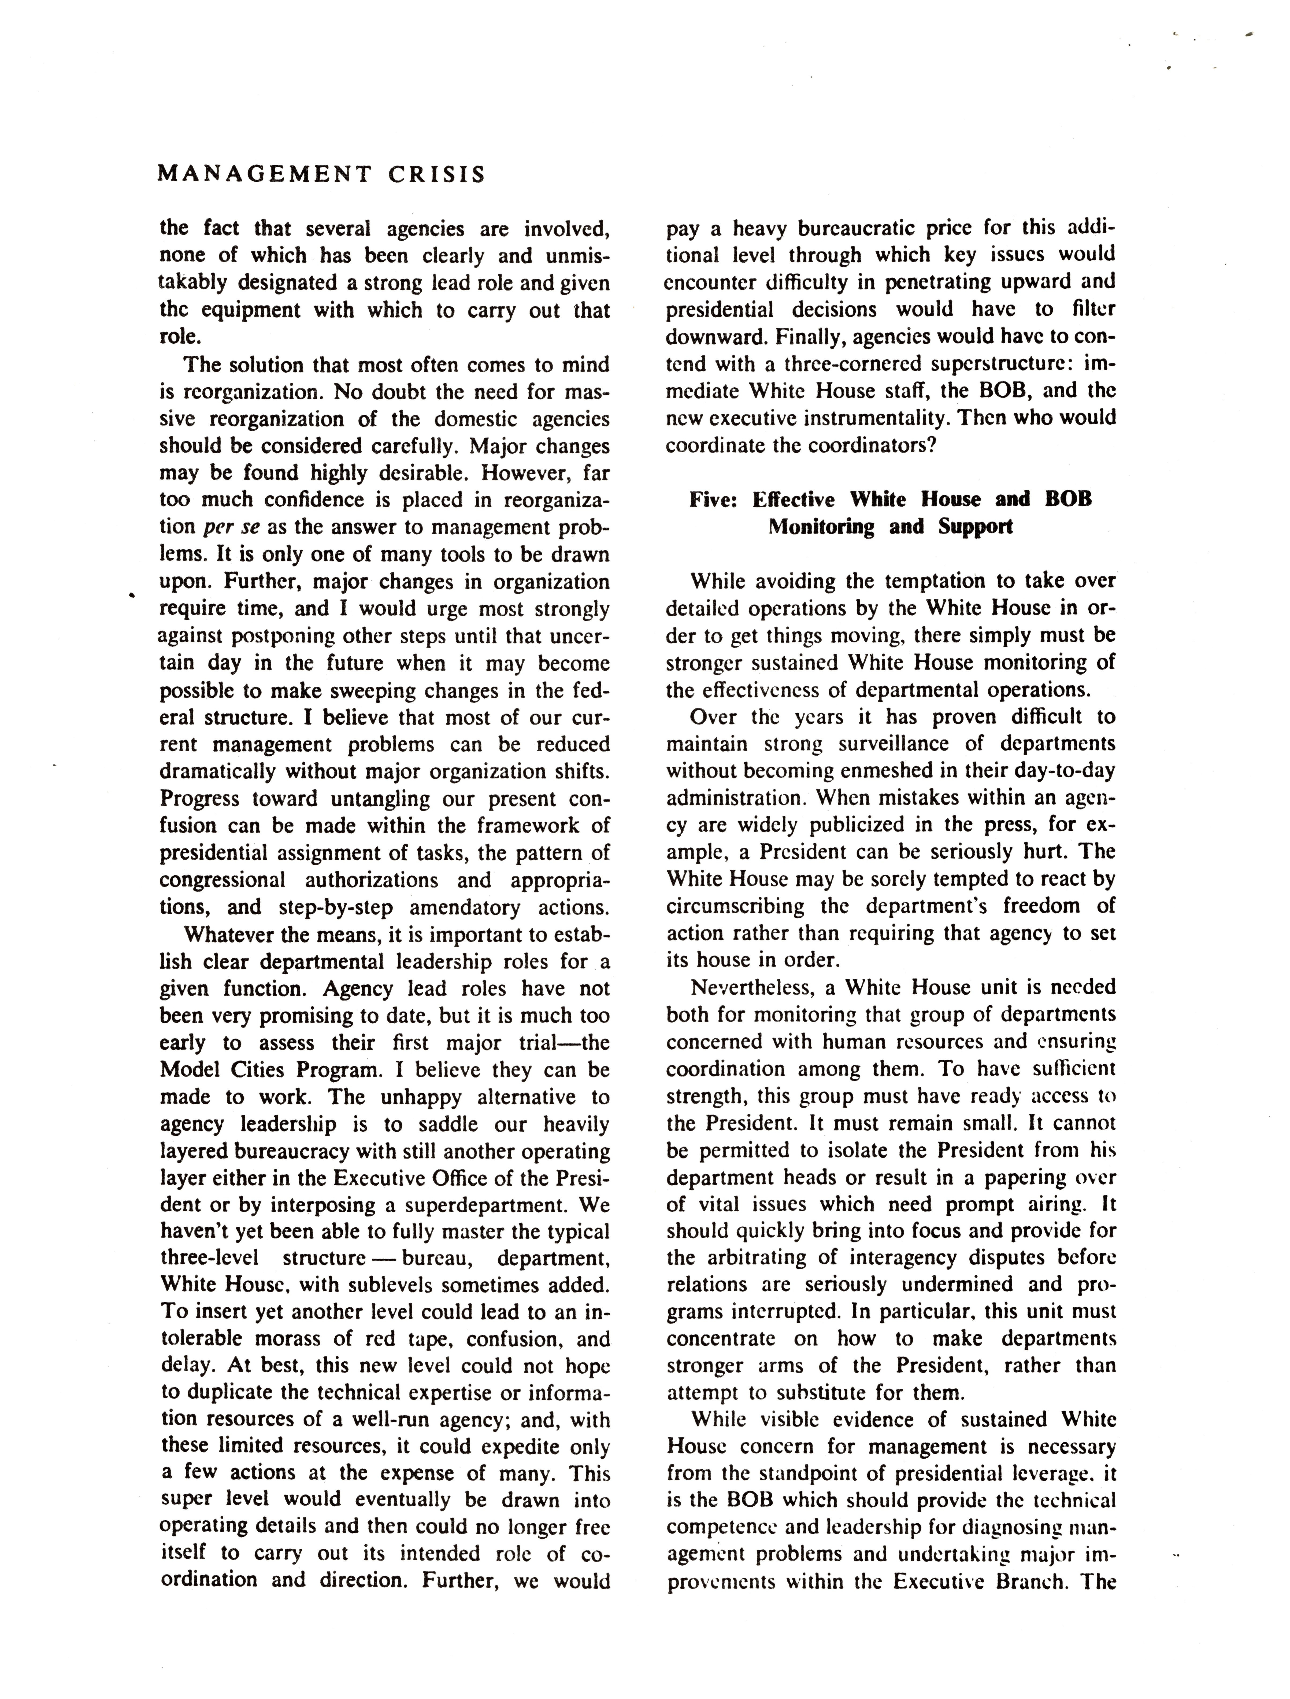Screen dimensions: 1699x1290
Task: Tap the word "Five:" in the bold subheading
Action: (713, 500)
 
